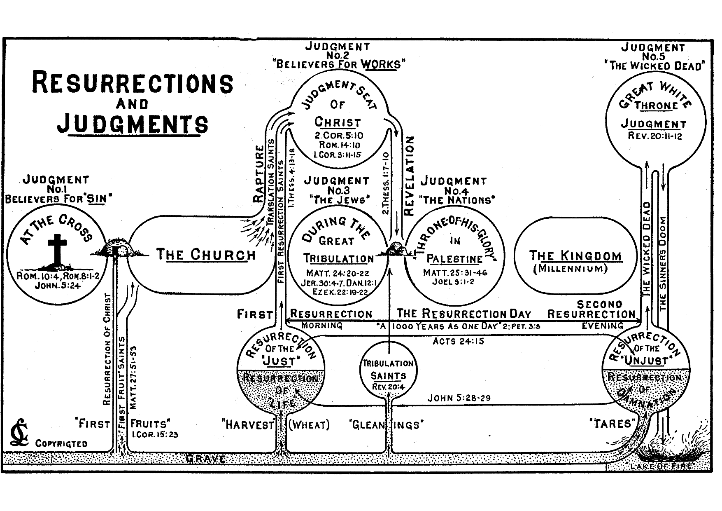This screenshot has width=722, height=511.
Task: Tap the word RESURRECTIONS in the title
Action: click(133, 83)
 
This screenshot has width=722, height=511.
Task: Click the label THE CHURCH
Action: click(206, 255)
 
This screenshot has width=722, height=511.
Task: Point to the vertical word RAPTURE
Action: click(258, 173)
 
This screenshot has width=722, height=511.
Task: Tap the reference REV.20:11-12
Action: click(655, 136)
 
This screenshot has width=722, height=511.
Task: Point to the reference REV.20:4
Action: click(388, 387)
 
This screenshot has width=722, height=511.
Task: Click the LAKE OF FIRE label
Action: click(661, 466)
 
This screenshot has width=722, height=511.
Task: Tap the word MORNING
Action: click(322, 326)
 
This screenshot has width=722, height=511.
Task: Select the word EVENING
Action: click(602, 326)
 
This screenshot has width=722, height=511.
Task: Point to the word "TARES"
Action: click(612, 424)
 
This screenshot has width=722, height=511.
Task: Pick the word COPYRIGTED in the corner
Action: click(61, 444)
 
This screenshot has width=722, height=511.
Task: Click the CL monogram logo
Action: click(20, 433)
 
